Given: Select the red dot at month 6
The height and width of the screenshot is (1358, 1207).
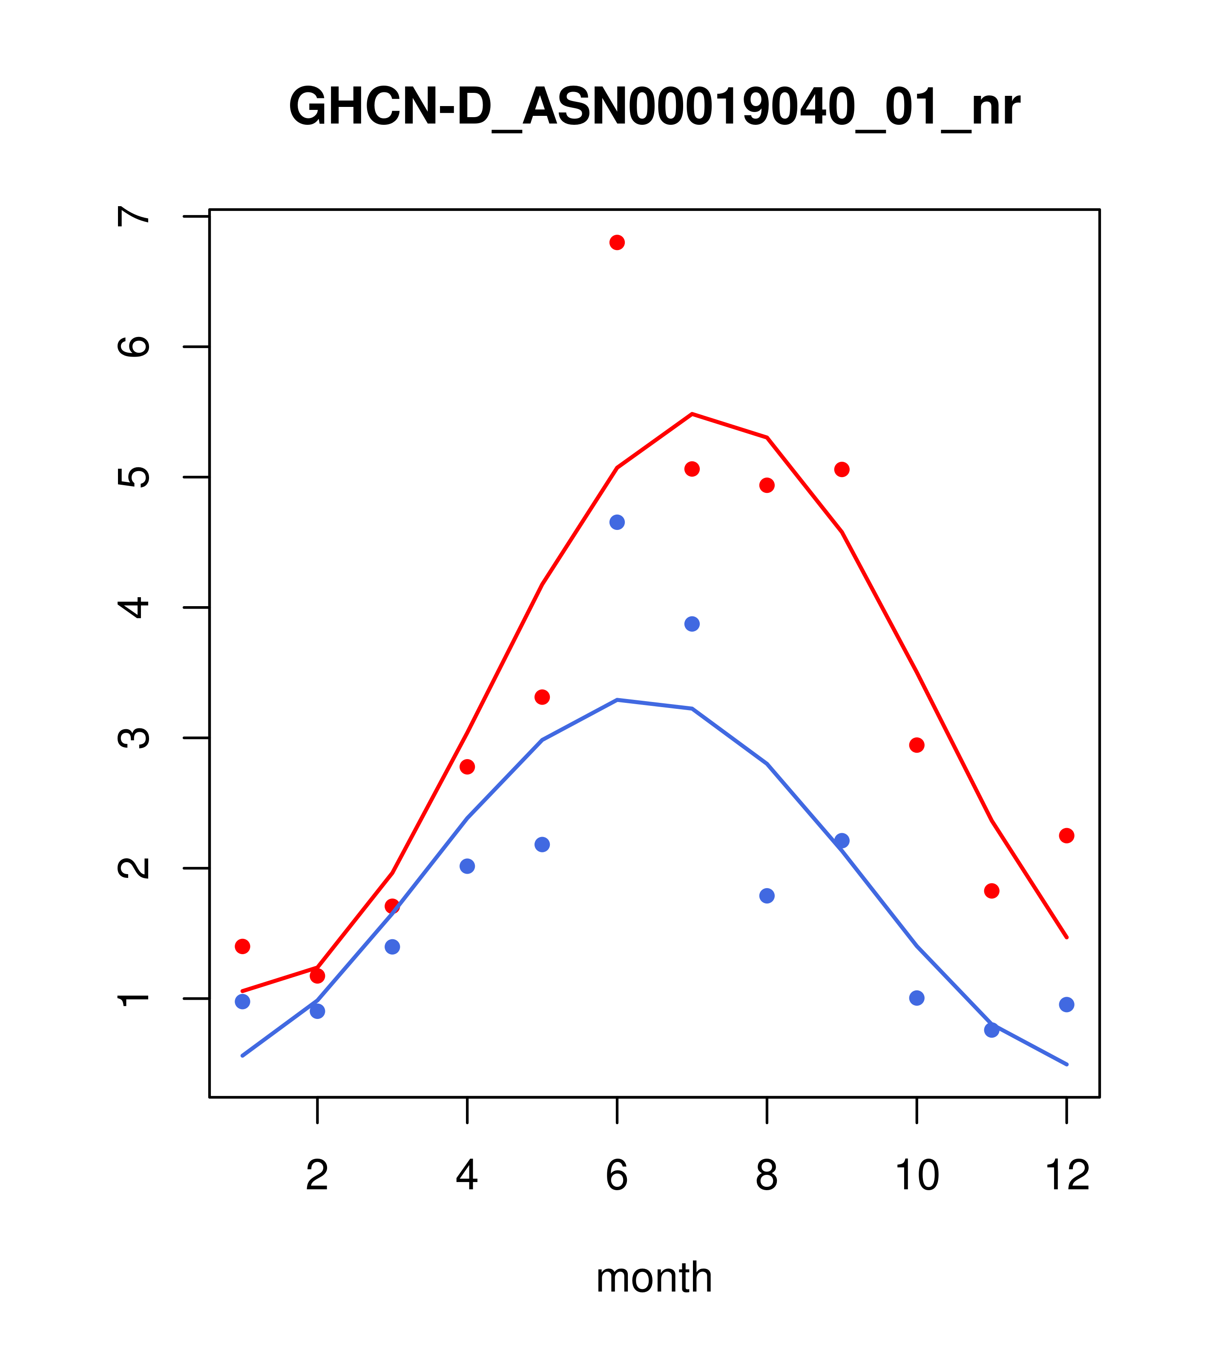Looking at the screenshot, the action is point(617,242).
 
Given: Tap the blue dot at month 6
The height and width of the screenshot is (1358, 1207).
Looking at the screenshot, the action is point(617,522).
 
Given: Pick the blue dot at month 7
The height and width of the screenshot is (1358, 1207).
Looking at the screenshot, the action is point(692,624).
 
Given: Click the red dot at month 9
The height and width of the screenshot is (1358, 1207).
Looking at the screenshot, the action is point(842,470).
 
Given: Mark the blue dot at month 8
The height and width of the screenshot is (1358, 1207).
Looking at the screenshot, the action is point(767,896).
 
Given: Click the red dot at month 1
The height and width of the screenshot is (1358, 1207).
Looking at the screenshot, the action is point(242,946).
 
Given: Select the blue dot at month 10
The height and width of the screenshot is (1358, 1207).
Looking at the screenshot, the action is point(917,998).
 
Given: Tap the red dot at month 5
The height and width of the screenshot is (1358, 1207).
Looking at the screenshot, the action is point(542,697).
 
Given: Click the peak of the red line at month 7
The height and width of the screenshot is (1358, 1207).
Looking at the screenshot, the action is point(692,414).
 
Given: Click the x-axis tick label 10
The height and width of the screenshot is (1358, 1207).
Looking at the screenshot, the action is point(917,1176).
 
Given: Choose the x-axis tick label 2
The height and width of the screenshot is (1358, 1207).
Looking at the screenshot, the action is point(318,1176).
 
